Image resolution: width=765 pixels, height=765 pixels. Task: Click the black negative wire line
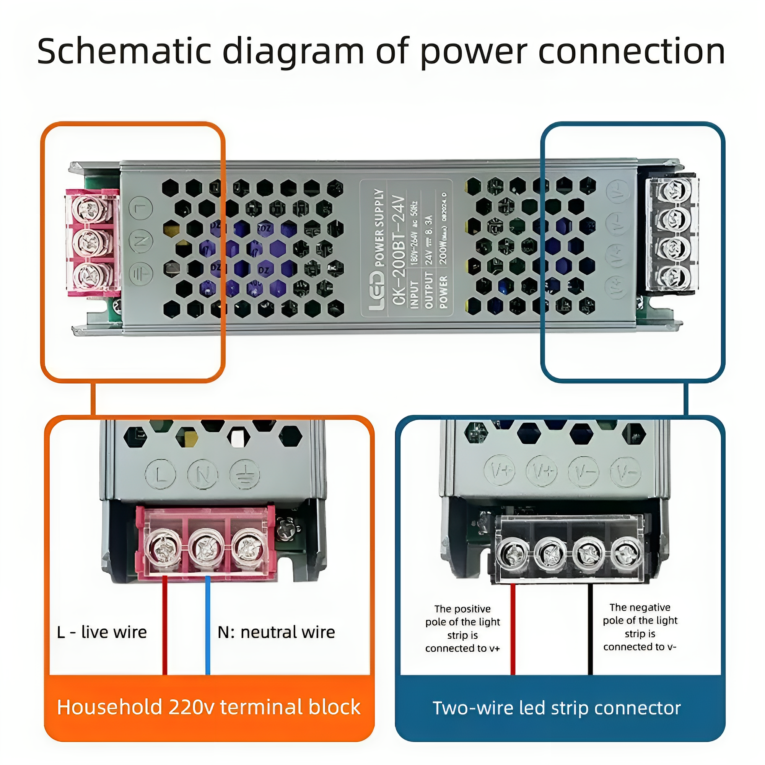[x=590, y=633]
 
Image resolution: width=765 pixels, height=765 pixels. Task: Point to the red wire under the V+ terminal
[x=513, y=633]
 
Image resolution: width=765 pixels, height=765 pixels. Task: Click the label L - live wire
[x=102, y=632]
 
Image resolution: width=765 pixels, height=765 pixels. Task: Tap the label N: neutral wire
[x=276, y=632]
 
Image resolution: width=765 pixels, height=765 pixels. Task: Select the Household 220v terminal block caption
[x=209, y=707]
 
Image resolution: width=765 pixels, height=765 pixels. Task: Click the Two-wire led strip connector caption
[x=556, y=708]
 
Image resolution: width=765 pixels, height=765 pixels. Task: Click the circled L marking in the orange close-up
[x=160, y=474]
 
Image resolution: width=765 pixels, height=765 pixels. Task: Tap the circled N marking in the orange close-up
[x=203, y=474]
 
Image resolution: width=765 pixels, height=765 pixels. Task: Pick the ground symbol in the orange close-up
[x=245, y=474]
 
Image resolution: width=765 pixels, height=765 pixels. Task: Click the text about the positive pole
[x=462, y=628]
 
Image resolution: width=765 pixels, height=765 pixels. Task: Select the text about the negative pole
[x=640, y=627]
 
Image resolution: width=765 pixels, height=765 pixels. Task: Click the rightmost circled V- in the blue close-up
[x=626, y=472]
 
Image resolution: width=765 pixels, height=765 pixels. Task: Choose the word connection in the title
[x=632, y=52]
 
